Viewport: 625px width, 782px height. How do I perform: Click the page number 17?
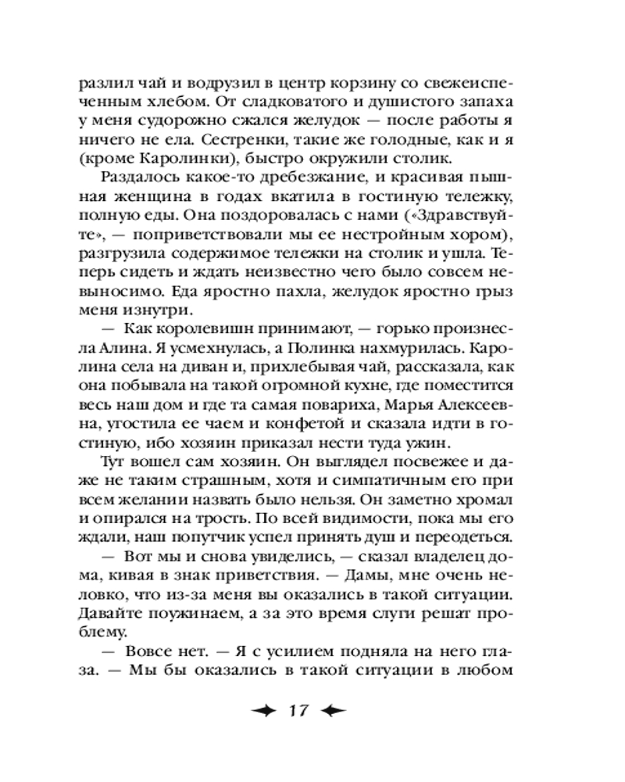(301, 711)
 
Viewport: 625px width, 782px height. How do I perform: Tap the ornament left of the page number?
(264, 711)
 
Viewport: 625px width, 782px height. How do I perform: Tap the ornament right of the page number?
(336, 711)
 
